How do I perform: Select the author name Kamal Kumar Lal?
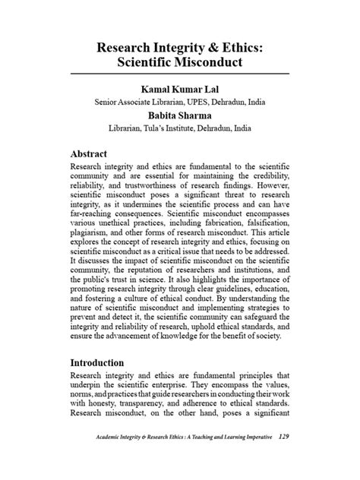pos(179,87)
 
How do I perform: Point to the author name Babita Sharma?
pos(179,116)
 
